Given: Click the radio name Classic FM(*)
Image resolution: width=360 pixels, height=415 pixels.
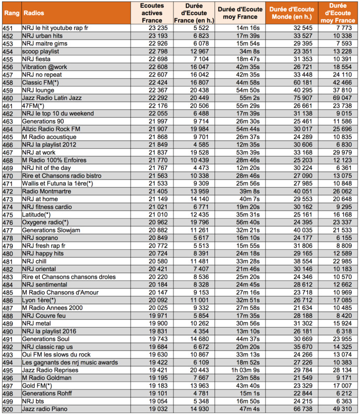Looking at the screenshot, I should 41,82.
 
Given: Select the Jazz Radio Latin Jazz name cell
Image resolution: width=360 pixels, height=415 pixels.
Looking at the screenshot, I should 52,98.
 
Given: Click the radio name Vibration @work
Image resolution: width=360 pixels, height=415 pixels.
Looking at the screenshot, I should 45,66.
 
